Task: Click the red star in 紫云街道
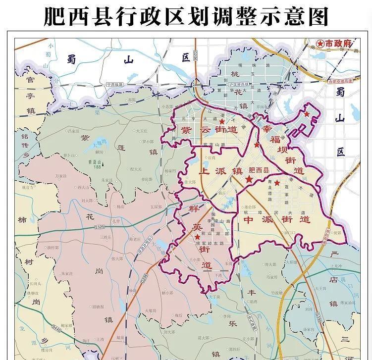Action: click(x=222, y=121)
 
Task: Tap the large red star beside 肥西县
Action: click(x=249, y=181)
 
